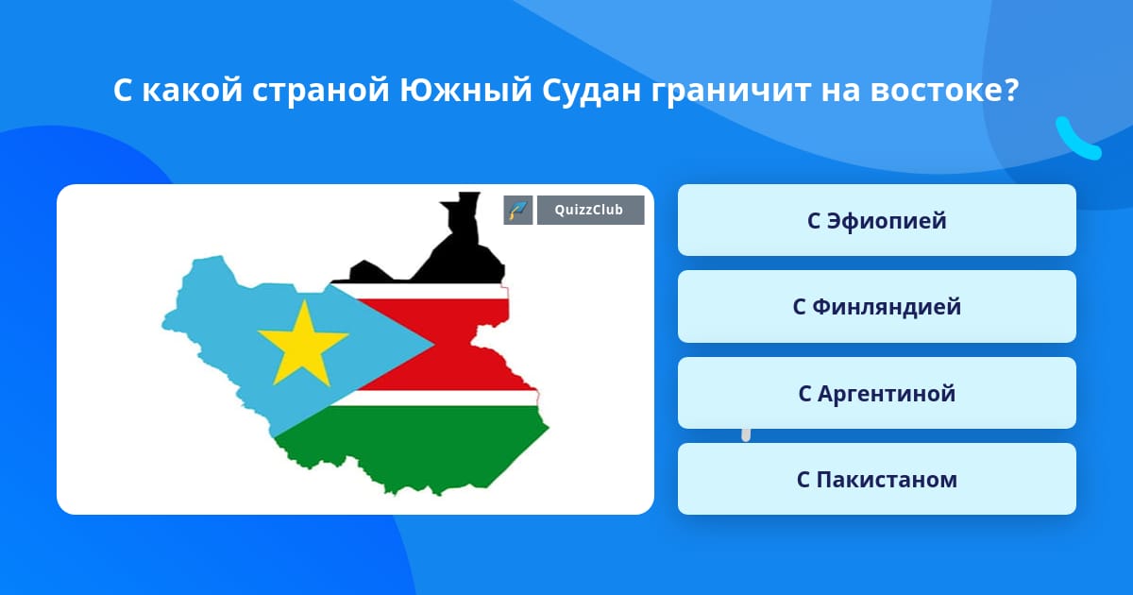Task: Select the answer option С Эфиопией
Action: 876,220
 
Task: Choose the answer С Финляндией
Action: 876,307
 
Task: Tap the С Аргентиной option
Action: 876,393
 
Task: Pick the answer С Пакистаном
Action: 876,479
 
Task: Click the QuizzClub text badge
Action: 590,210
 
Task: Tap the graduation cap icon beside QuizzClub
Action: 518,210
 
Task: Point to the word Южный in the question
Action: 465,91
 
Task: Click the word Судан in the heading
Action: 591,92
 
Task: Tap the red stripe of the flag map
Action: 455,345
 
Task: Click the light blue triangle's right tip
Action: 434,345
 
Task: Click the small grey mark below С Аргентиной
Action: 746,435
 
